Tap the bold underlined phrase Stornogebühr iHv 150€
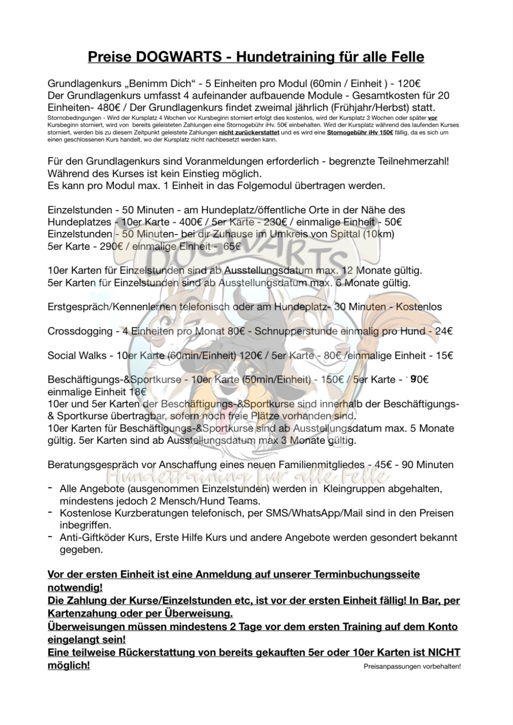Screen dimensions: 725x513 [x=360, y=132]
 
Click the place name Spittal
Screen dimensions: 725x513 [x=345, y=234]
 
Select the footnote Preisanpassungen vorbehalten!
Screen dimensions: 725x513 [x=412, y=666]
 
